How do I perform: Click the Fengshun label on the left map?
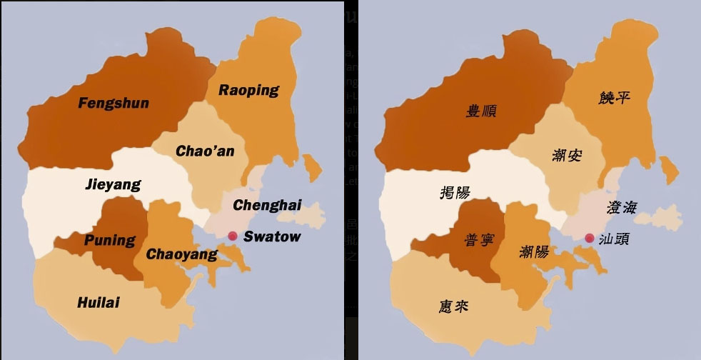[114, 103]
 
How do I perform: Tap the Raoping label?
[248, 90]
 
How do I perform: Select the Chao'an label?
[205, 151]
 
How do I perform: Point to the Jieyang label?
[113, 184]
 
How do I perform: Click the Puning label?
[109, 240]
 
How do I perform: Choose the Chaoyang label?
[181, 254]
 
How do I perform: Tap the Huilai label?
[98, 303]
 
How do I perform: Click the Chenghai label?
[267, 206]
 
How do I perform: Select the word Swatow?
[272, 236]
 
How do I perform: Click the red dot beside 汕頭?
[589, 238]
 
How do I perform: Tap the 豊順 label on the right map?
[481, 111]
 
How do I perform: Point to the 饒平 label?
[615, 98]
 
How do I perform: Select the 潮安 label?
[567, 154]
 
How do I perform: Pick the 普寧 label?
[478, 240]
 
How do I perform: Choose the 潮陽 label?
[534, 251]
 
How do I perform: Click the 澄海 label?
[621, 208]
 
